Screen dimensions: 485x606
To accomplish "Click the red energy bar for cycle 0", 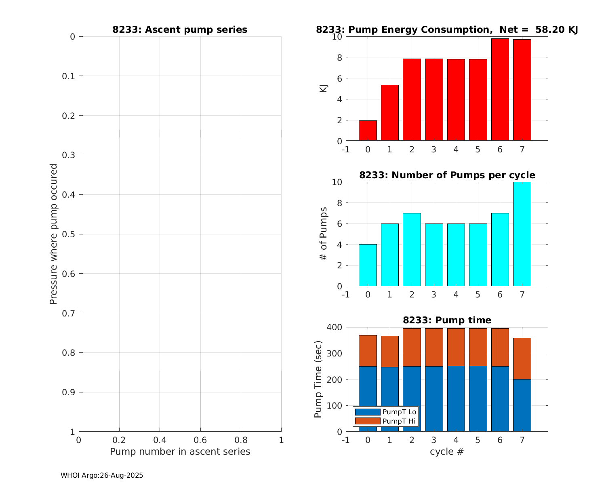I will tap(368, 131).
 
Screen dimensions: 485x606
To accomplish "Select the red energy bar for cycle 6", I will tap(500, 90).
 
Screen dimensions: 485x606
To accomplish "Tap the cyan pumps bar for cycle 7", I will tap(522, 234).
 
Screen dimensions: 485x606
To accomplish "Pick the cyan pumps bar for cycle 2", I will tap(412, 249).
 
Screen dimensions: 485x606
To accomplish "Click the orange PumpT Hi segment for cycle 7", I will tap(522, 358).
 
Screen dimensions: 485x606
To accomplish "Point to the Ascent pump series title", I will tap(180, 30).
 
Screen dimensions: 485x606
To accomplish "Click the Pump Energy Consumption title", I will tap(447, 30).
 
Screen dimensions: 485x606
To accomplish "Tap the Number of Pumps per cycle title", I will tap(447, 175).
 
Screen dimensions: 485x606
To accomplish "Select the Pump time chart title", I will tap(447, 321).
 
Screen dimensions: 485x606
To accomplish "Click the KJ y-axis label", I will tap(324, 89).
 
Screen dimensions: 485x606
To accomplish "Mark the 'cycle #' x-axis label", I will tap(447, 451).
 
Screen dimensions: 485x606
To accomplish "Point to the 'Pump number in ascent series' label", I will tap(180, 451).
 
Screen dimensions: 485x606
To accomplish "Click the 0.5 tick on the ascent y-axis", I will tap(69, 234).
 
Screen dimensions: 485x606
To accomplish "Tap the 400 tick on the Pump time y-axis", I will tap(334, 327).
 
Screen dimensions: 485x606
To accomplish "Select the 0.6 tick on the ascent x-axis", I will tap(200, 440).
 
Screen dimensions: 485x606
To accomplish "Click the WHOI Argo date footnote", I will tap(102, 476).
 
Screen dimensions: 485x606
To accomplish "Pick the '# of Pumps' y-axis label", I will tap(324, 234).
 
